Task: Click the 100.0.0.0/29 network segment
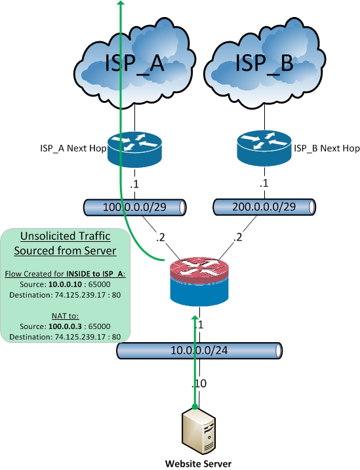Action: (x=134, y=208)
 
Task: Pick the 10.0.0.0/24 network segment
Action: (x=199, y=351)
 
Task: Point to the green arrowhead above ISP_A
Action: (x=120, y=5)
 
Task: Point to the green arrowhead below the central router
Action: (x=195, y=319)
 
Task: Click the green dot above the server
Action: (x=195, y=407)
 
